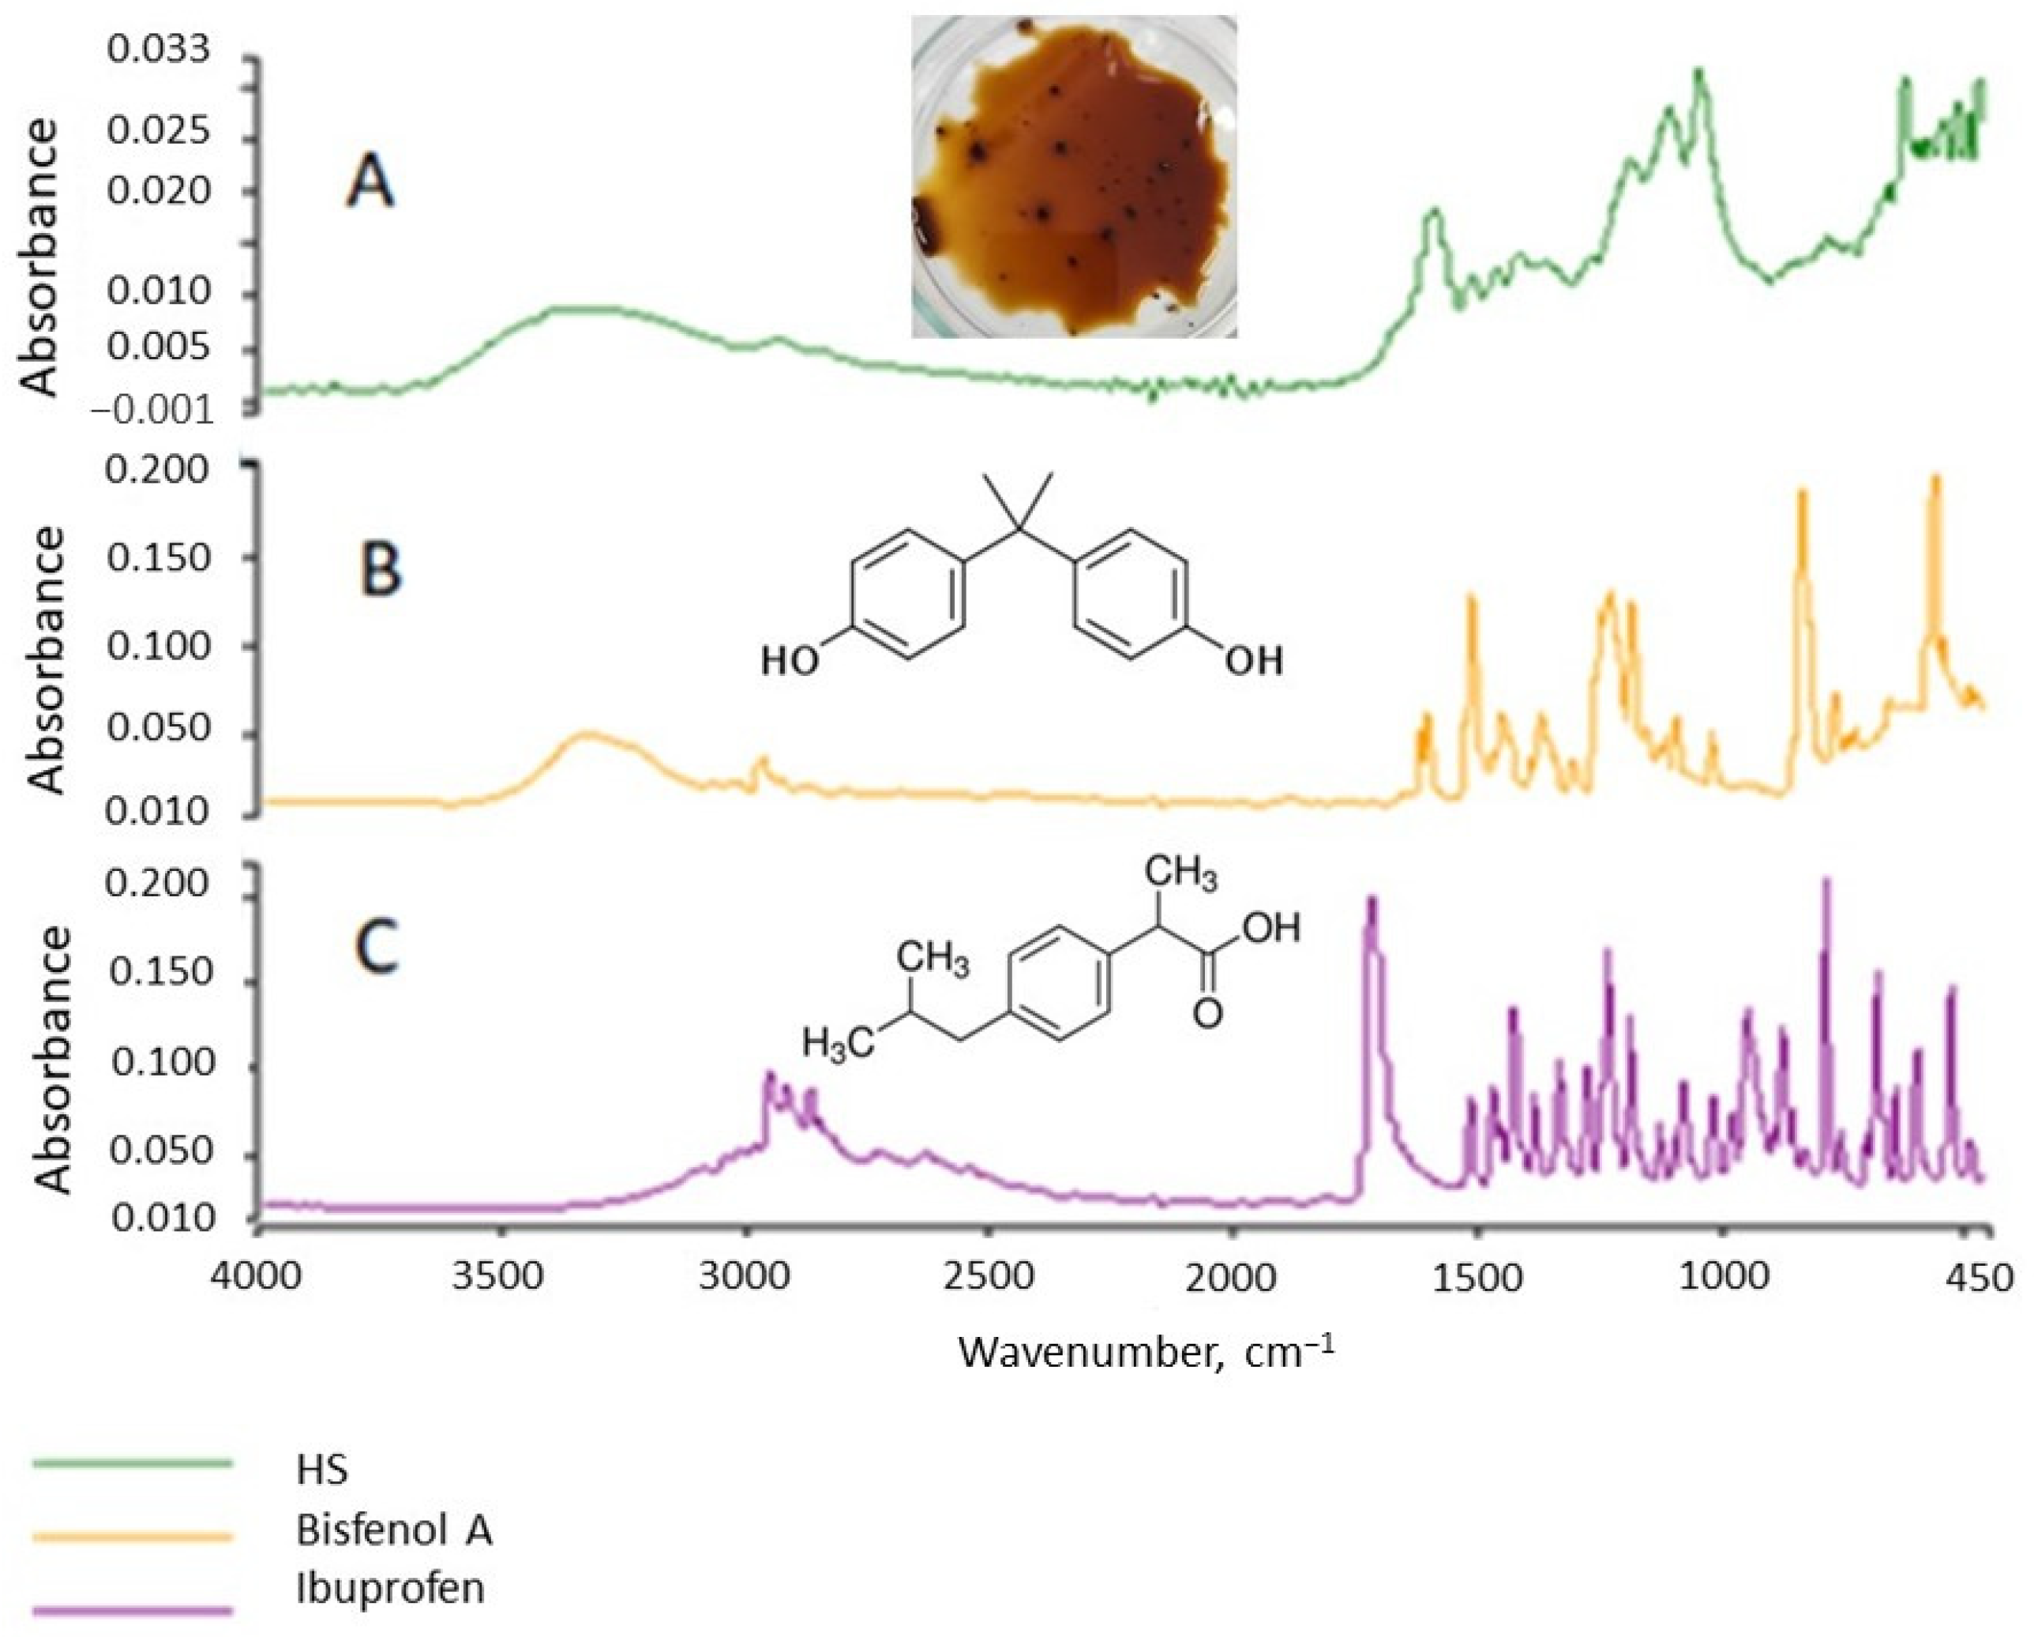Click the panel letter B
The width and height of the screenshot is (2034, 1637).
point(381,571)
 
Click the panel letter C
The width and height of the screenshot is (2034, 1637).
point(377,948)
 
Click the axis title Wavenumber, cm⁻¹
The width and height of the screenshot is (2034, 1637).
point(1146,1352)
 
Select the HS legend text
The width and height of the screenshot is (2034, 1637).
point(321,1470)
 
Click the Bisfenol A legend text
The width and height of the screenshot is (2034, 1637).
point(394,1530)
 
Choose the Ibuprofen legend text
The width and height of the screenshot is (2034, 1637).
point(389,1588)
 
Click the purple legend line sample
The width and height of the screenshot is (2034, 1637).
point(132,1609)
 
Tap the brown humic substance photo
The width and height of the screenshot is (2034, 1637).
point(1074,178)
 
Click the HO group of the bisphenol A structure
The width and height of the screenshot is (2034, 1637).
point(790,662)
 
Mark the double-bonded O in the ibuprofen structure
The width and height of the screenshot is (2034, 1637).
point(1207,1013)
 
